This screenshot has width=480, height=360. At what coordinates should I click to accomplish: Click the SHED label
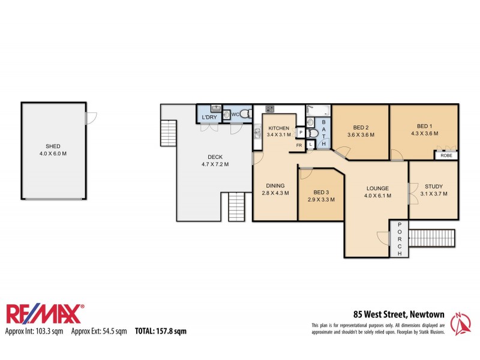pyautogui.click(x=53, y=146)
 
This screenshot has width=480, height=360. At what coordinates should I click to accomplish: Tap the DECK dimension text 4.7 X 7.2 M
pyautogui.click(x=214, y=164)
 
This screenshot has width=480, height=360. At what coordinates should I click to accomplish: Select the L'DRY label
pyautogui.click(x=209, y=117)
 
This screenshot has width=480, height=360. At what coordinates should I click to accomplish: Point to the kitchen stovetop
pyautogui.click(x=270, y=109)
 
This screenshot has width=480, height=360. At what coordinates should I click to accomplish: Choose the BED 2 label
pyautogui.click(x=360, y=127)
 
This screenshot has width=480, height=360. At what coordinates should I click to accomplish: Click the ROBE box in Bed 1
pyautogui.click(x=446, y=155)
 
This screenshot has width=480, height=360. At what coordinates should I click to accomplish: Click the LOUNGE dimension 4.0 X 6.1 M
pyautogui.click(x=379, y=196)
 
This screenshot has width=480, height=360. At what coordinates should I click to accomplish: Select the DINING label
pyautogui.click(x=275, y=185)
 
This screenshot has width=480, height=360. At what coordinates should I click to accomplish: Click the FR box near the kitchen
pyautogui.click(x=299, y=145)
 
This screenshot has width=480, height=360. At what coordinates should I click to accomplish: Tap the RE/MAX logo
pyautogui.click(x=45, y=314)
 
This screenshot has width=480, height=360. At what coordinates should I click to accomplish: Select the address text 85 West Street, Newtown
pyautogui.click(x=398, y=314)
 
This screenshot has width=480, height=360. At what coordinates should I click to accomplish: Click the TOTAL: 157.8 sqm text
pyautogui.click(x=160, y=331)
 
